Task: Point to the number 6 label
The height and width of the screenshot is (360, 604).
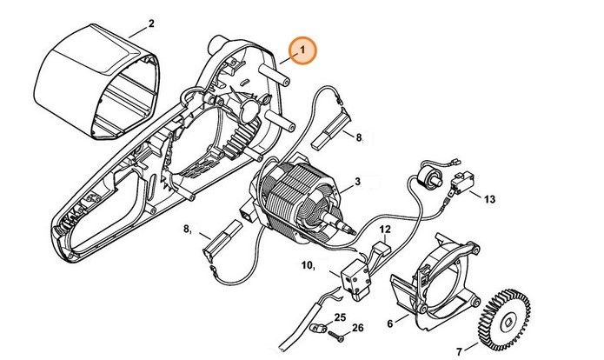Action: [389, 323]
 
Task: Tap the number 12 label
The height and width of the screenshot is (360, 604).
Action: [384, 230]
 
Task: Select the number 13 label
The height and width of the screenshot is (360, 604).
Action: [490, 199]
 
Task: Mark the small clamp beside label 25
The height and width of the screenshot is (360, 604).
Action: [319, 328]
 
